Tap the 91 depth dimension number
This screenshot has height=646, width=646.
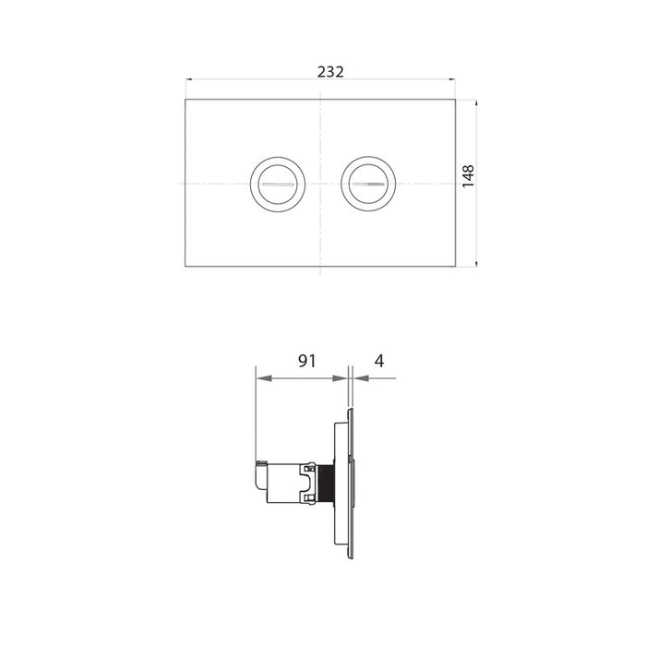[x=307, y=361]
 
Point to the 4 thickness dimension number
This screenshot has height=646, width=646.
[x=378, y=361]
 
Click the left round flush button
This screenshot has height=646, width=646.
[x=276, y=183]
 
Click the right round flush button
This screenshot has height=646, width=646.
[x=367, y=183]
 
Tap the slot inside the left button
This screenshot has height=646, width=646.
[x=276, y=185]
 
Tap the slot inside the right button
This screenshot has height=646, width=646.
[x=367, y=185]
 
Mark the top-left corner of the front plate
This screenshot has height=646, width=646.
[x=186, y=100]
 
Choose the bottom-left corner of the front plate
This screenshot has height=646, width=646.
[x=186, y=267]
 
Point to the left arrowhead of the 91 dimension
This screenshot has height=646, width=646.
[x=261, y=378]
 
